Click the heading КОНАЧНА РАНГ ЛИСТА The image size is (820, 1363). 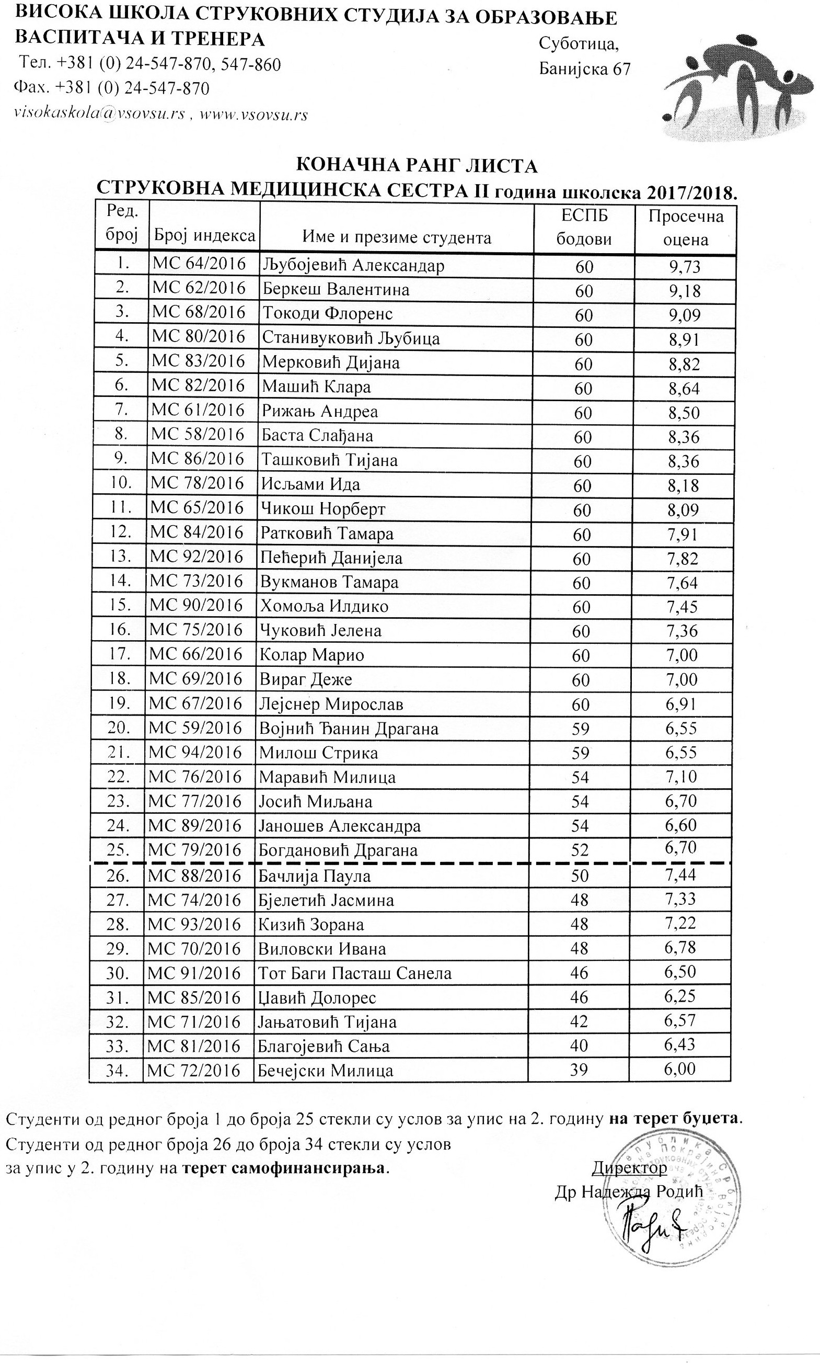[x=417, y=165]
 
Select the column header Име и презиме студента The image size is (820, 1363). [x=396, y=238]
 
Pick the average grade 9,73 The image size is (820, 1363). [x=684, y=267]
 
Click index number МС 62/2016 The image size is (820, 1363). [x=199, y=288]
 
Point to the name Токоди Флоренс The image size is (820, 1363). [x=327, y=314]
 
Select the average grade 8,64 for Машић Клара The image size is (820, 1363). [x=684, y=389]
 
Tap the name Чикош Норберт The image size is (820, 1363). [x=324, y=509]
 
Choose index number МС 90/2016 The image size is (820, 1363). [x=195, y=606]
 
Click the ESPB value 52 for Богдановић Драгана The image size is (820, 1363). [x=580, y=850]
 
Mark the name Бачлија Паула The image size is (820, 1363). [x=315, y=876]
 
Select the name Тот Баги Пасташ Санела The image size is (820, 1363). [x=355, y=973]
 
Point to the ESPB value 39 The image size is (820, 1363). [x=579, y=1070]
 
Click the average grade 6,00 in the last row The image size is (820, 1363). [x=679, y=1069]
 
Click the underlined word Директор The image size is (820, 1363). [x=629, y=1167]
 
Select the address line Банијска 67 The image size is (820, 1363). [x=584, y=69]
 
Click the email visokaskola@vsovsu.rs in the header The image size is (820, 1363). [x=99, y=115]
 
